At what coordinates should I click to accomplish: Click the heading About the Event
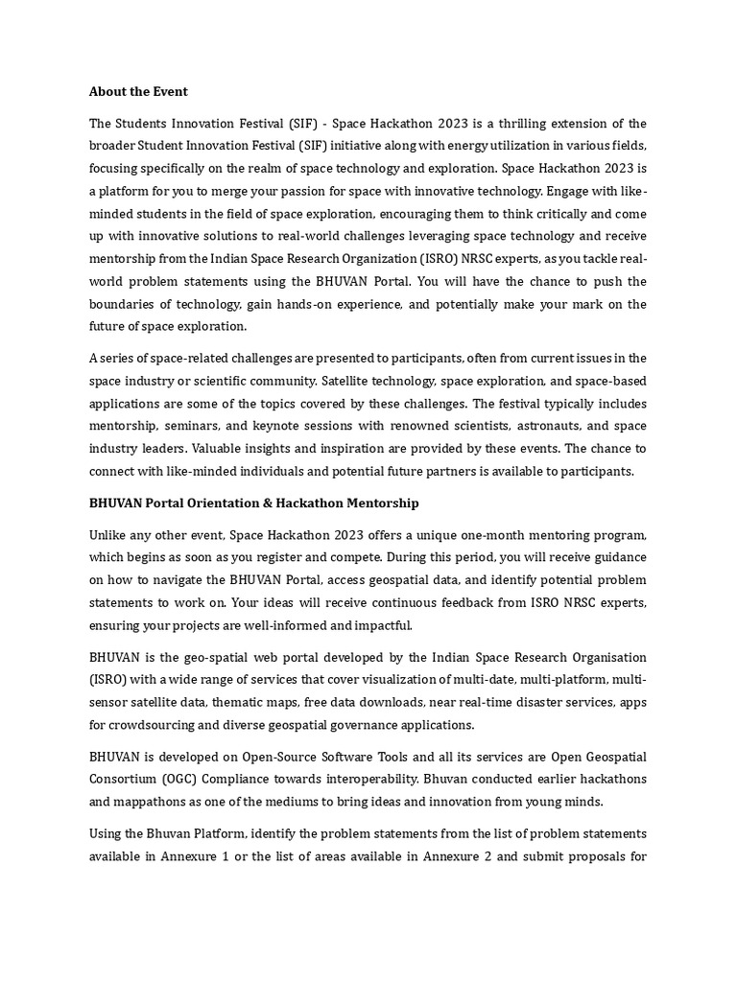point(138,92)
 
